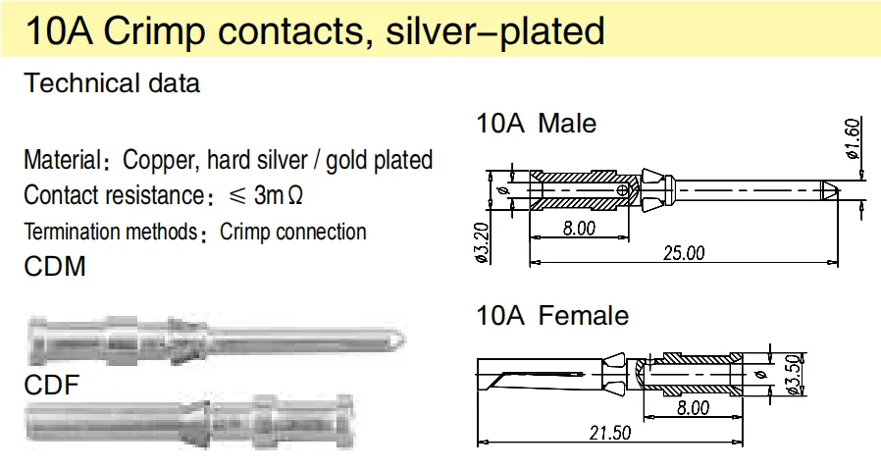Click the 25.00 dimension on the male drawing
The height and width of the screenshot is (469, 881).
[685, 253]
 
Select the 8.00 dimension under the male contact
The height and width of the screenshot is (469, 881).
[579, 229]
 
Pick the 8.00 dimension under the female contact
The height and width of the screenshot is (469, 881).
[693, 408]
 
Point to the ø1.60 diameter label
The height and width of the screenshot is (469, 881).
[853, 139]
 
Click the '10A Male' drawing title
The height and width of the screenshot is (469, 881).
[536, 124]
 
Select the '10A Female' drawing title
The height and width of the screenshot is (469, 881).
[552, 316]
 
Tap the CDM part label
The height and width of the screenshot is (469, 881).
[55, 266]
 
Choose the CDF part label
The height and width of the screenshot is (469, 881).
[51, 386]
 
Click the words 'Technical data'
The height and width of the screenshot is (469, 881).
[112, 83]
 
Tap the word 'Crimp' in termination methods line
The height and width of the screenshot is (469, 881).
[245, 233]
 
